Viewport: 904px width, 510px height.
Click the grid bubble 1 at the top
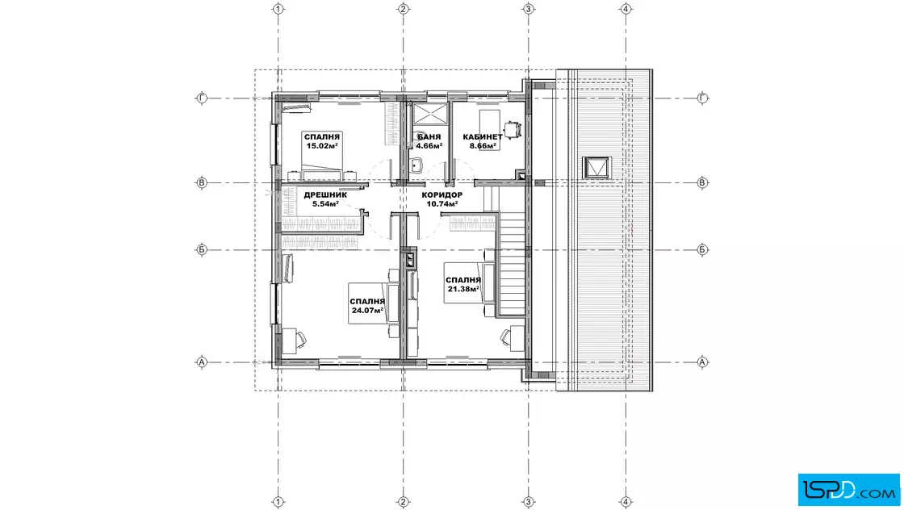(x=278, y=9)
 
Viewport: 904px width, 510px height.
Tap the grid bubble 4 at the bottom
(x=626, y=502)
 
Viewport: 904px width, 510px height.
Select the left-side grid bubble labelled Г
(x=202, y=98)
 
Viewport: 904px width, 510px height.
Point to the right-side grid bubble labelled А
(x=702, y=362)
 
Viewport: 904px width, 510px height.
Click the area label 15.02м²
(x=322, y=146)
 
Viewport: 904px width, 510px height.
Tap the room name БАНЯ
(x=429, y=137)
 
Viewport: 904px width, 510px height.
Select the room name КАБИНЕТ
(x=483, y=137)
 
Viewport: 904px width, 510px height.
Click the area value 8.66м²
(x=483, y=146)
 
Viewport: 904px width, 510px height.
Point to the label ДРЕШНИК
(x=325, y=194)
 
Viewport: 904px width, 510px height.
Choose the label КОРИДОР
(x=442, y=194)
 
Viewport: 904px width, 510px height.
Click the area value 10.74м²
(x=442, y=204)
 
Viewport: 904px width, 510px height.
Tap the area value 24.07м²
(x=367, y=311)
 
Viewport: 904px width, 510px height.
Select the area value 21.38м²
(x=463, y=289)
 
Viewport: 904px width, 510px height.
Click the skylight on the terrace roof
(x=596, y=168)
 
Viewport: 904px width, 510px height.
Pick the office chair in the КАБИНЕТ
(x=512, y=130)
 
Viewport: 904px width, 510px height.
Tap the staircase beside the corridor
(x=511, y=264)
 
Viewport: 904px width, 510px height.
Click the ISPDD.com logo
(x=848, y=490)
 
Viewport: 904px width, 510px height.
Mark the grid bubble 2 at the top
(x=404, y=9)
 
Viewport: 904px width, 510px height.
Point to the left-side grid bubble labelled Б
(x=202, y=250)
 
